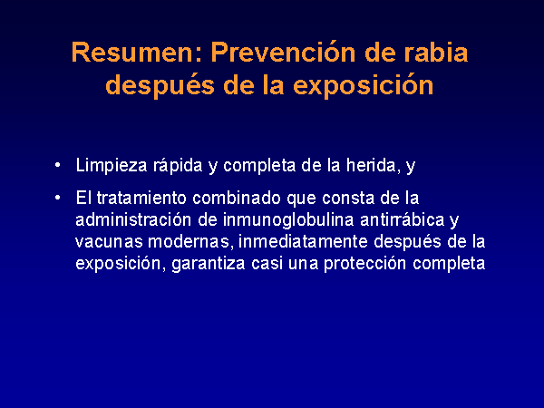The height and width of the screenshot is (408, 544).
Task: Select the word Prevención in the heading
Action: pyautogui.click(x=283, y=53)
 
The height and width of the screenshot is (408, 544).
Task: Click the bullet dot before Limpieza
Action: pyautogui.click(x=58, y=165)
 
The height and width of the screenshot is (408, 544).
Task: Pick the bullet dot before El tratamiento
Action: pyautogui.click(x=58, y=198)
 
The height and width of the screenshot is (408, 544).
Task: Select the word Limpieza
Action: pyautogui.click(x=112, y=165)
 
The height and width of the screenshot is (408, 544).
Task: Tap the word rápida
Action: pyautogui.click(x=178, y=165)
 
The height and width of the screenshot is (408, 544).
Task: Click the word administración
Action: pyautogui.click(x=133, y=219)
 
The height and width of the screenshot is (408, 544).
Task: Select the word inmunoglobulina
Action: pyautogui.click(x=288, y=220)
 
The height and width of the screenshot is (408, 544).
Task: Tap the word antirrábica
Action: pyautogui.click(x=403, y=219)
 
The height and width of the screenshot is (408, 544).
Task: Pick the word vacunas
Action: pyautogui.click(x=109, y=242)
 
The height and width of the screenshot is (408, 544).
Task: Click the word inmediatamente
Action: pyautogui.click(x=303, y=241)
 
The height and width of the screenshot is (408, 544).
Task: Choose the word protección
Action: pyautogui.click(x=364, y=264)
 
